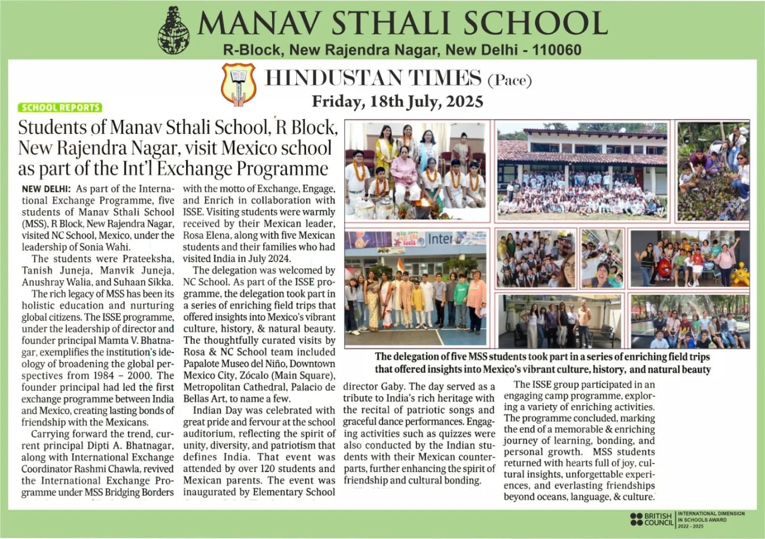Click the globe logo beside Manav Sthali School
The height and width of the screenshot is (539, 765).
point(174,31)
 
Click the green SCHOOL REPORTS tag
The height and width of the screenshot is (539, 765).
point(60,107)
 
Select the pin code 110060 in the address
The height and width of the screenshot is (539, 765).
point(556,50)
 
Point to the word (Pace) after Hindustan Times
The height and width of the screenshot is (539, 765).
point(509,80)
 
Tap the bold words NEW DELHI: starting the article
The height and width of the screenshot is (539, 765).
point(47,189)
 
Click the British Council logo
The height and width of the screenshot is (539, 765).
point(651,519)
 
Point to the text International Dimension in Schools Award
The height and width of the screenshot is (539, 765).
point(711,519)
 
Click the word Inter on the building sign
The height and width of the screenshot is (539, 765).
point(440,239)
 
